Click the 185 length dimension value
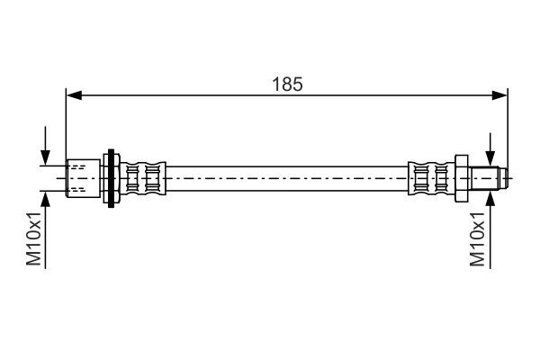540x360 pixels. (289, 84)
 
